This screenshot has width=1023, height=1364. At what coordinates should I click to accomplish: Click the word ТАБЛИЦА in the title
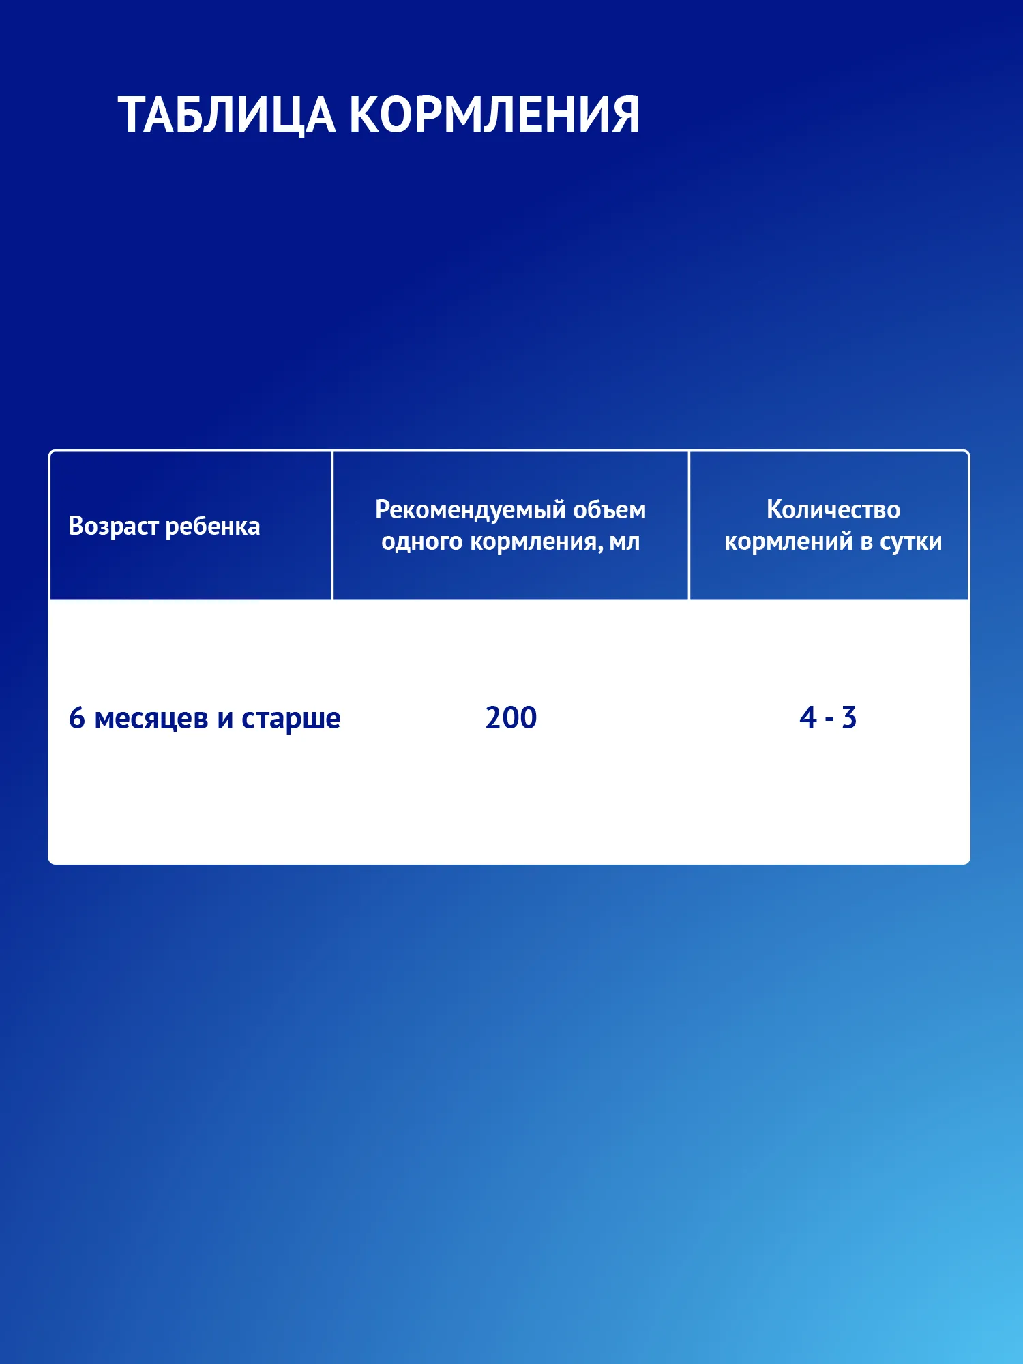pos(226,115)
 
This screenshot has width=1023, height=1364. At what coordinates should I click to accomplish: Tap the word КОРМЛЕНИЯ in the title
pos(494,114)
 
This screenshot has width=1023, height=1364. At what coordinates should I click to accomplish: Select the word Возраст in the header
pos(114,527)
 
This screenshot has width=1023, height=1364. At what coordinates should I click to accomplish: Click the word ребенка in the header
pos(213,525)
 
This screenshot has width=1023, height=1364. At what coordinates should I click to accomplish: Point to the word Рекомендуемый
pos(470,510)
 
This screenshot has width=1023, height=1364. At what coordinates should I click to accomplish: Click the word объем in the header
pos(609,509)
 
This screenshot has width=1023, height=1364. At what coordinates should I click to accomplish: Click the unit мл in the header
pos(625,542)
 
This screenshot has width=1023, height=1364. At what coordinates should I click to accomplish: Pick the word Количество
pos(833,509)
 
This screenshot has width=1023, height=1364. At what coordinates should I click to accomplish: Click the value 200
pos(512,717)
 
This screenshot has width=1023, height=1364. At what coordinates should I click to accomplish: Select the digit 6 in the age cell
pos(77,718)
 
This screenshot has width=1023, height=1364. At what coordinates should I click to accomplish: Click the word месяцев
pos(151,720)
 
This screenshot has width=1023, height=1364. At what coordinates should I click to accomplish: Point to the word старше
pos(291,720)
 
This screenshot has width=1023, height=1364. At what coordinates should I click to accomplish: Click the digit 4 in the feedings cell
pos(808,717)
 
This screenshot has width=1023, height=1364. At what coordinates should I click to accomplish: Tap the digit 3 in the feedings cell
pos(848,717)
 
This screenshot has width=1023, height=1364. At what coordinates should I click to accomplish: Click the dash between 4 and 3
pos(829,720)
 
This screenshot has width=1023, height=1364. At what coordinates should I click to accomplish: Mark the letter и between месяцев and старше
pos(225,720)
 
